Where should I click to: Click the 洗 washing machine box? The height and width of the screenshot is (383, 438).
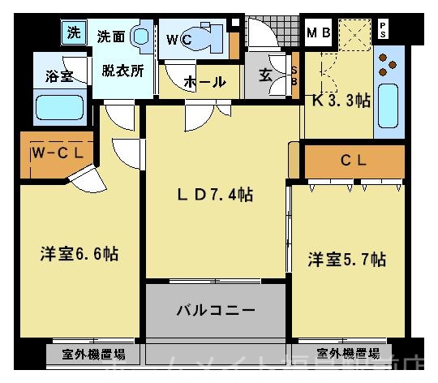(x=74, y=33)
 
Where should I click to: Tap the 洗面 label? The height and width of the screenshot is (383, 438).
(x=111, y=37)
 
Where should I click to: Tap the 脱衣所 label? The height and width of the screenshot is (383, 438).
(x=122, y=70)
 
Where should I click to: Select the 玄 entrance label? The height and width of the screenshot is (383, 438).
(x=266, y=75)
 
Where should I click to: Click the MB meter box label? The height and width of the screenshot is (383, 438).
(x=318, y=33)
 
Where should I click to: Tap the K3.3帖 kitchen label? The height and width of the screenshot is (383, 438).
(x=341, y=101)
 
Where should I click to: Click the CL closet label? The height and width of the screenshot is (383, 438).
(x=353, y=160)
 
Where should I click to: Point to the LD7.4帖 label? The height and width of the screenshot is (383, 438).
(x=216, y=195)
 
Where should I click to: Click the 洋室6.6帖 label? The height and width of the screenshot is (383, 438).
(x=79, y=254)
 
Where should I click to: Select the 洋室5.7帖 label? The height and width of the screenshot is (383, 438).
(x=346, y=260)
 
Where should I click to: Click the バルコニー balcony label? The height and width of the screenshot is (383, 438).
(x=217, y=311)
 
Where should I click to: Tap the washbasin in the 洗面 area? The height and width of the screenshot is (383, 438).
(x=140, y=36)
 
